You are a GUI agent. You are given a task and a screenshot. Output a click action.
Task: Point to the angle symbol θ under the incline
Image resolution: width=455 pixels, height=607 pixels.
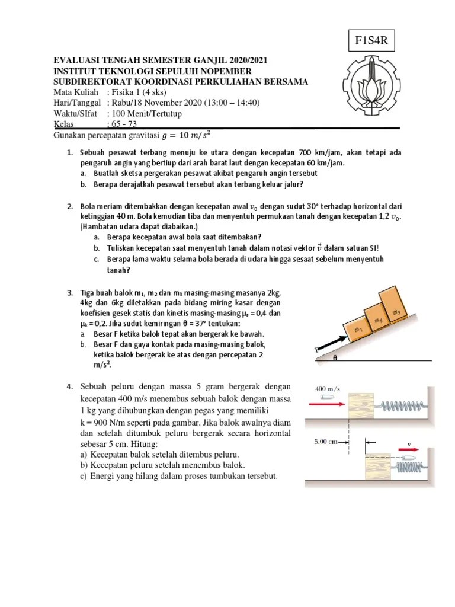tap(335, 358)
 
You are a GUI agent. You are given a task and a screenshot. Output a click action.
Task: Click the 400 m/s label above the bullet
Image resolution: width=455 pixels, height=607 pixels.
tap(325, 388)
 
